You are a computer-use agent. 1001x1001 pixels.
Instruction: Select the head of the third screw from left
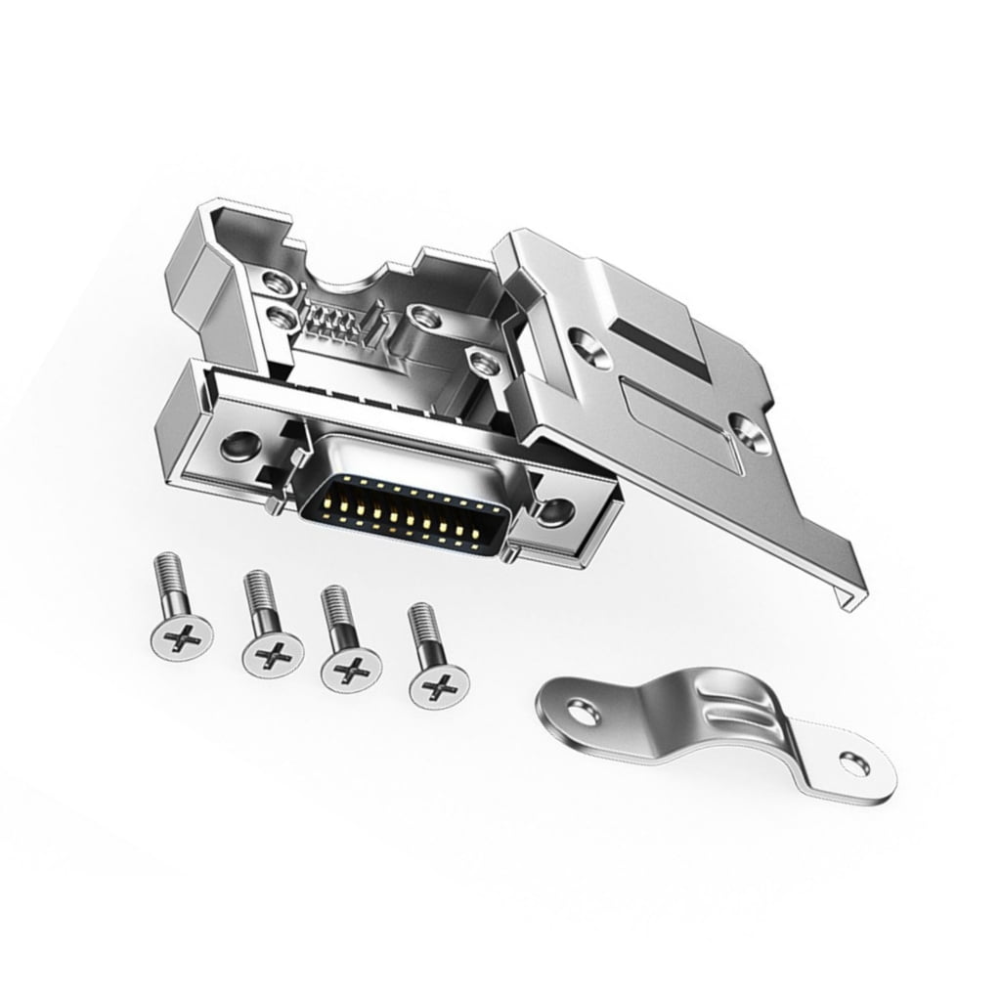(x=352, y=670)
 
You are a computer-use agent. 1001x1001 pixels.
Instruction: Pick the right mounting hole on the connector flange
(x=557, y=508)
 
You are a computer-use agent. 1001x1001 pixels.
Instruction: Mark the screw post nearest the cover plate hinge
(x=482, y=362)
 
